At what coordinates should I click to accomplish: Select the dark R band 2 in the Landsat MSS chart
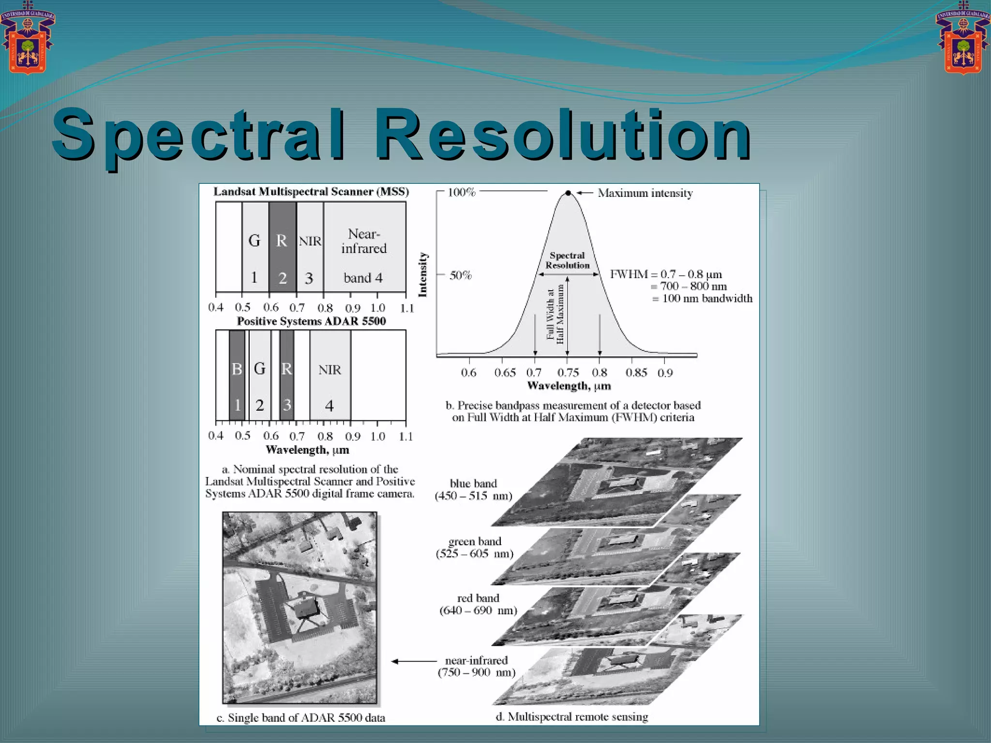[x=282, y=247]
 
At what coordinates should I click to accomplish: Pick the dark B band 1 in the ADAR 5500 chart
[x=237, y=375]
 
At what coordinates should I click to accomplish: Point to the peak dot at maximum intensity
[x=568, y=193]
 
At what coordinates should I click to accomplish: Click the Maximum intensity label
[x=645, y=193]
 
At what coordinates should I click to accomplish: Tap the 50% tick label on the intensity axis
[x=460, y=275]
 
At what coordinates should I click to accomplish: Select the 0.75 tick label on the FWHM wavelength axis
[x=568, y=372]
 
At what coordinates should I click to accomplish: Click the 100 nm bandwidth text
[x=707, y=298]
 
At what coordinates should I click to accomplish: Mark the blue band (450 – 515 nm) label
[x=473, y=490]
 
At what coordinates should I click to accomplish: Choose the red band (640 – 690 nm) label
[x=478, y=604]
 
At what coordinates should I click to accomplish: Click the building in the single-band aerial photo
[x=305, y=607]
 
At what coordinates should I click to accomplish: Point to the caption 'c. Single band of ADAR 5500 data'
[x=301, y=717]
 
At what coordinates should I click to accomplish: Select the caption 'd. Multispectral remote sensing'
[x=571, y=716]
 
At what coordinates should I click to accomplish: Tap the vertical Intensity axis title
[x=423, y=275]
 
